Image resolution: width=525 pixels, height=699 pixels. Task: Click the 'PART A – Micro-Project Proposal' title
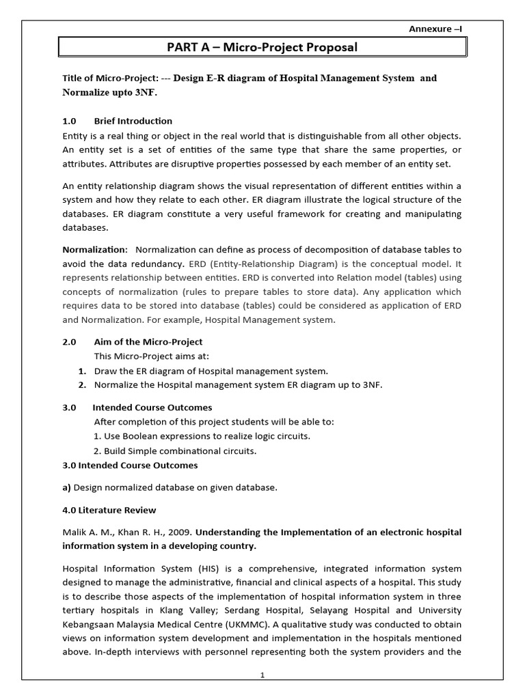(x=262, y=47)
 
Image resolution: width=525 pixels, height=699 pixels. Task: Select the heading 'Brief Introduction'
(x=133, y=121)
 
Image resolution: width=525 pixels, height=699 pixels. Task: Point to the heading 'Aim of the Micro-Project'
(x=148, y=341)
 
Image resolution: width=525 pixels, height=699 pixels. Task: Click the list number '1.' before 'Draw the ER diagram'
(x=81, y=371)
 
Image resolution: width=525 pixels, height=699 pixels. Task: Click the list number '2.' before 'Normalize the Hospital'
(x=81, y=385)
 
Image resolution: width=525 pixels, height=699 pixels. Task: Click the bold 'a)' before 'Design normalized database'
(x=67, y=487)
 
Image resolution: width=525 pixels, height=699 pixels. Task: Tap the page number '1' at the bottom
(x=262, y=675)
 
